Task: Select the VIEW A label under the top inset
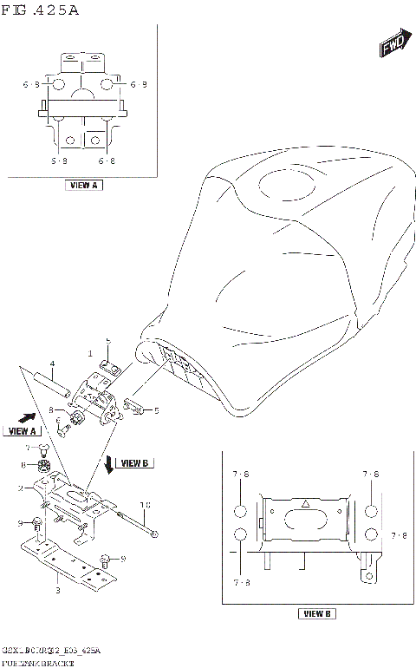coord(84,185)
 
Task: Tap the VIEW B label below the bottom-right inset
coord(315,614)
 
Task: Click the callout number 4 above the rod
coord(52,363)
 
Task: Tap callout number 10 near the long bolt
coord(146,503)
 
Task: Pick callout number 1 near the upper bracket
coord(88,353)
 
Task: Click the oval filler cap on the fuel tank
coord(295,187)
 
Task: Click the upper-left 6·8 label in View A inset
coord(31,84)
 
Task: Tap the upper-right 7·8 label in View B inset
coord(371,475)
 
